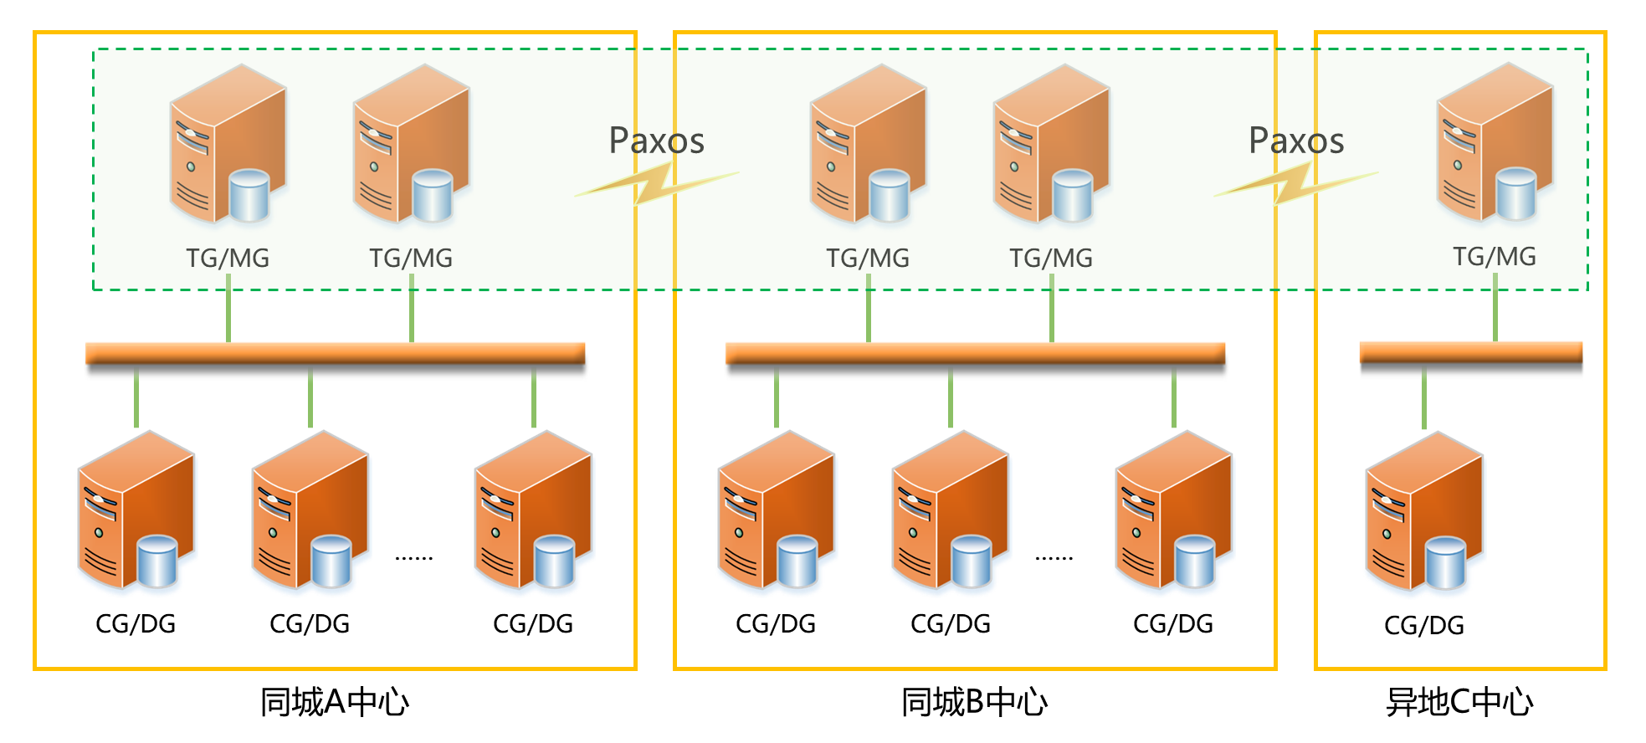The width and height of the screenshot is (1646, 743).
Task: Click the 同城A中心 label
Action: coord(335,702)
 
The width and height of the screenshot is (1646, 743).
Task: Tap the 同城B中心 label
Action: coord(975,702)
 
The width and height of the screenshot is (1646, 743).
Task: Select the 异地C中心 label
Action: coord(1459,702)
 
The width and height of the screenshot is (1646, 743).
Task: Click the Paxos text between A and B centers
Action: coord(656,141)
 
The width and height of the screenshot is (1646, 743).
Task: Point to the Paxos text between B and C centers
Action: coord(1296,141)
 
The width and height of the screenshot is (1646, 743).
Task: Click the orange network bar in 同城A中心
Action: coord(335,354)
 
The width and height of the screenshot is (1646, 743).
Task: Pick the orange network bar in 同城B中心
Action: coord(975,354)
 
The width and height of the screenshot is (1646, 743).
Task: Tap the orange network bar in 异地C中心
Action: coord(1470,354)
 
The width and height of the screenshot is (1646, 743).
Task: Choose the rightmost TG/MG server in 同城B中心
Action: coord(1051,146)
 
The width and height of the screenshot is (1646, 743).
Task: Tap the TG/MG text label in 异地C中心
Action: coord(1495,256)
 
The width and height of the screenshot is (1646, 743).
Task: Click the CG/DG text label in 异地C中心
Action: coord(1424,625)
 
